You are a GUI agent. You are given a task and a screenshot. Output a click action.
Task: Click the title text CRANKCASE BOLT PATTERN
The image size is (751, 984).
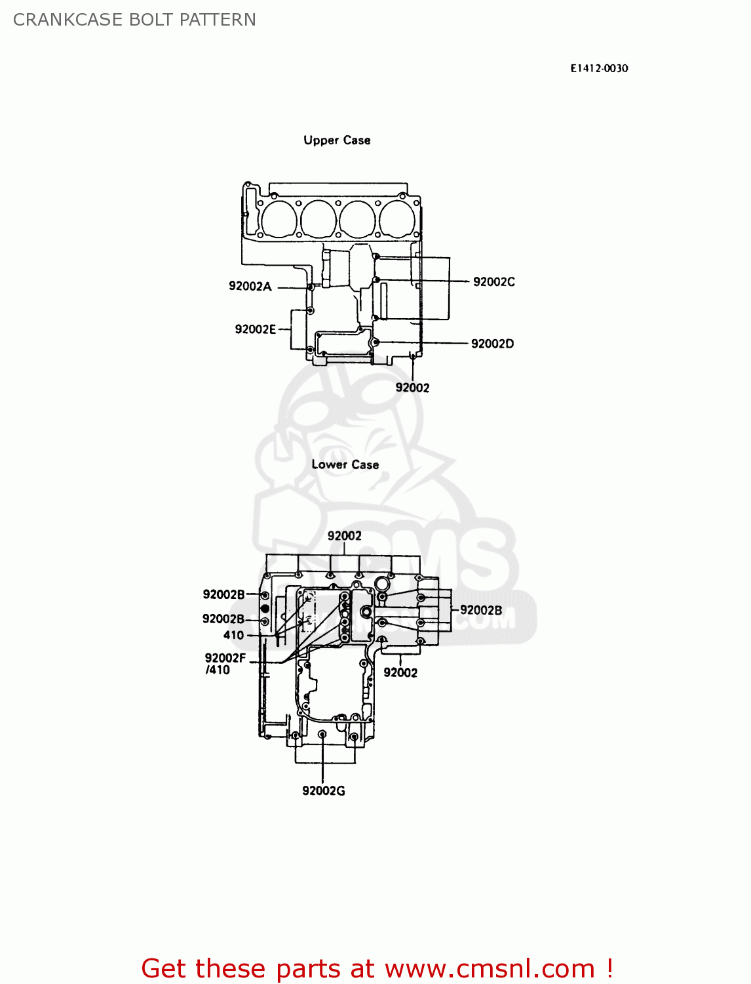click(x=134, y=20)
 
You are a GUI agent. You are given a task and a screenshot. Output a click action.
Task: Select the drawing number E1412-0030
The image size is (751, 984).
click(x=598, y=68)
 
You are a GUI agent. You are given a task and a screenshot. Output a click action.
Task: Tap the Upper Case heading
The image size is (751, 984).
click(x=337, y=140)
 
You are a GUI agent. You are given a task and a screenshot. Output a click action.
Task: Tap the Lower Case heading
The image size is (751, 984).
click(x=345, y=464)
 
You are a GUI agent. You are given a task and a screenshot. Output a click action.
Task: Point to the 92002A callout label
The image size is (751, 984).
click(x=250, y=286)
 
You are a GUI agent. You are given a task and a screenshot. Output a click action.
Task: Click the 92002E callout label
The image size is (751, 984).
click(x=255, y=329)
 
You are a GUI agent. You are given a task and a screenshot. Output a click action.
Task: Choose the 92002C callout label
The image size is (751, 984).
click(x=493, y=282)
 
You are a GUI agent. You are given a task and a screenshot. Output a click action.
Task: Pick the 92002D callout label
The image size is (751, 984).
click(x=492, y=344)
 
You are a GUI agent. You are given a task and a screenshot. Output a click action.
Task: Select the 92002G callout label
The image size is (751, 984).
click(x=323, y=790)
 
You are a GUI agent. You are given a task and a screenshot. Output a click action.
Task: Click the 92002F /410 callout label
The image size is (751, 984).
click(x=224, y=663)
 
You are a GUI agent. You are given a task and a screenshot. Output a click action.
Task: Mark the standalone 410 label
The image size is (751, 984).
click(x=233, y=635)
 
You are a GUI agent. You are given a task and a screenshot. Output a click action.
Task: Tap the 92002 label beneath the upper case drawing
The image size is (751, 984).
click(x=412, y=388)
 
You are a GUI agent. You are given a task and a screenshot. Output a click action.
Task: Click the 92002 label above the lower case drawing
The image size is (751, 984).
click(x=344, y=536)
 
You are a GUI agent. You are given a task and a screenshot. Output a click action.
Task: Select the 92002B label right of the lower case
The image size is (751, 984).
click(x=480, y=610)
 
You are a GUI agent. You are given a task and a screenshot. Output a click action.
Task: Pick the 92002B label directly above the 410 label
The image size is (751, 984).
click(x=223, y=619)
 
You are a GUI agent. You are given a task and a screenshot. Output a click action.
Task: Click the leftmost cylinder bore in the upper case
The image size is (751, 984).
click(x=278, y=218)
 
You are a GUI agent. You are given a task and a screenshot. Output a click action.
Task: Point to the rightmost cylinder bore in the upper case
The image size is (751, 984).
click(x=398, y=218)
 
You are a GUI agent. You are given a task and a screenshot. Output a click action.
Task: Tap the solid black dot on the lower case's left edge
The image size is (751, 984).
click(x=265, y=608)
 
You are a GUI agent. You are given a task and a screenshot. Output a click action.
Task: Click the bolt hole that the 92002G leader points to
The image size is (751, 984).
click(x=322, y=735)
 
